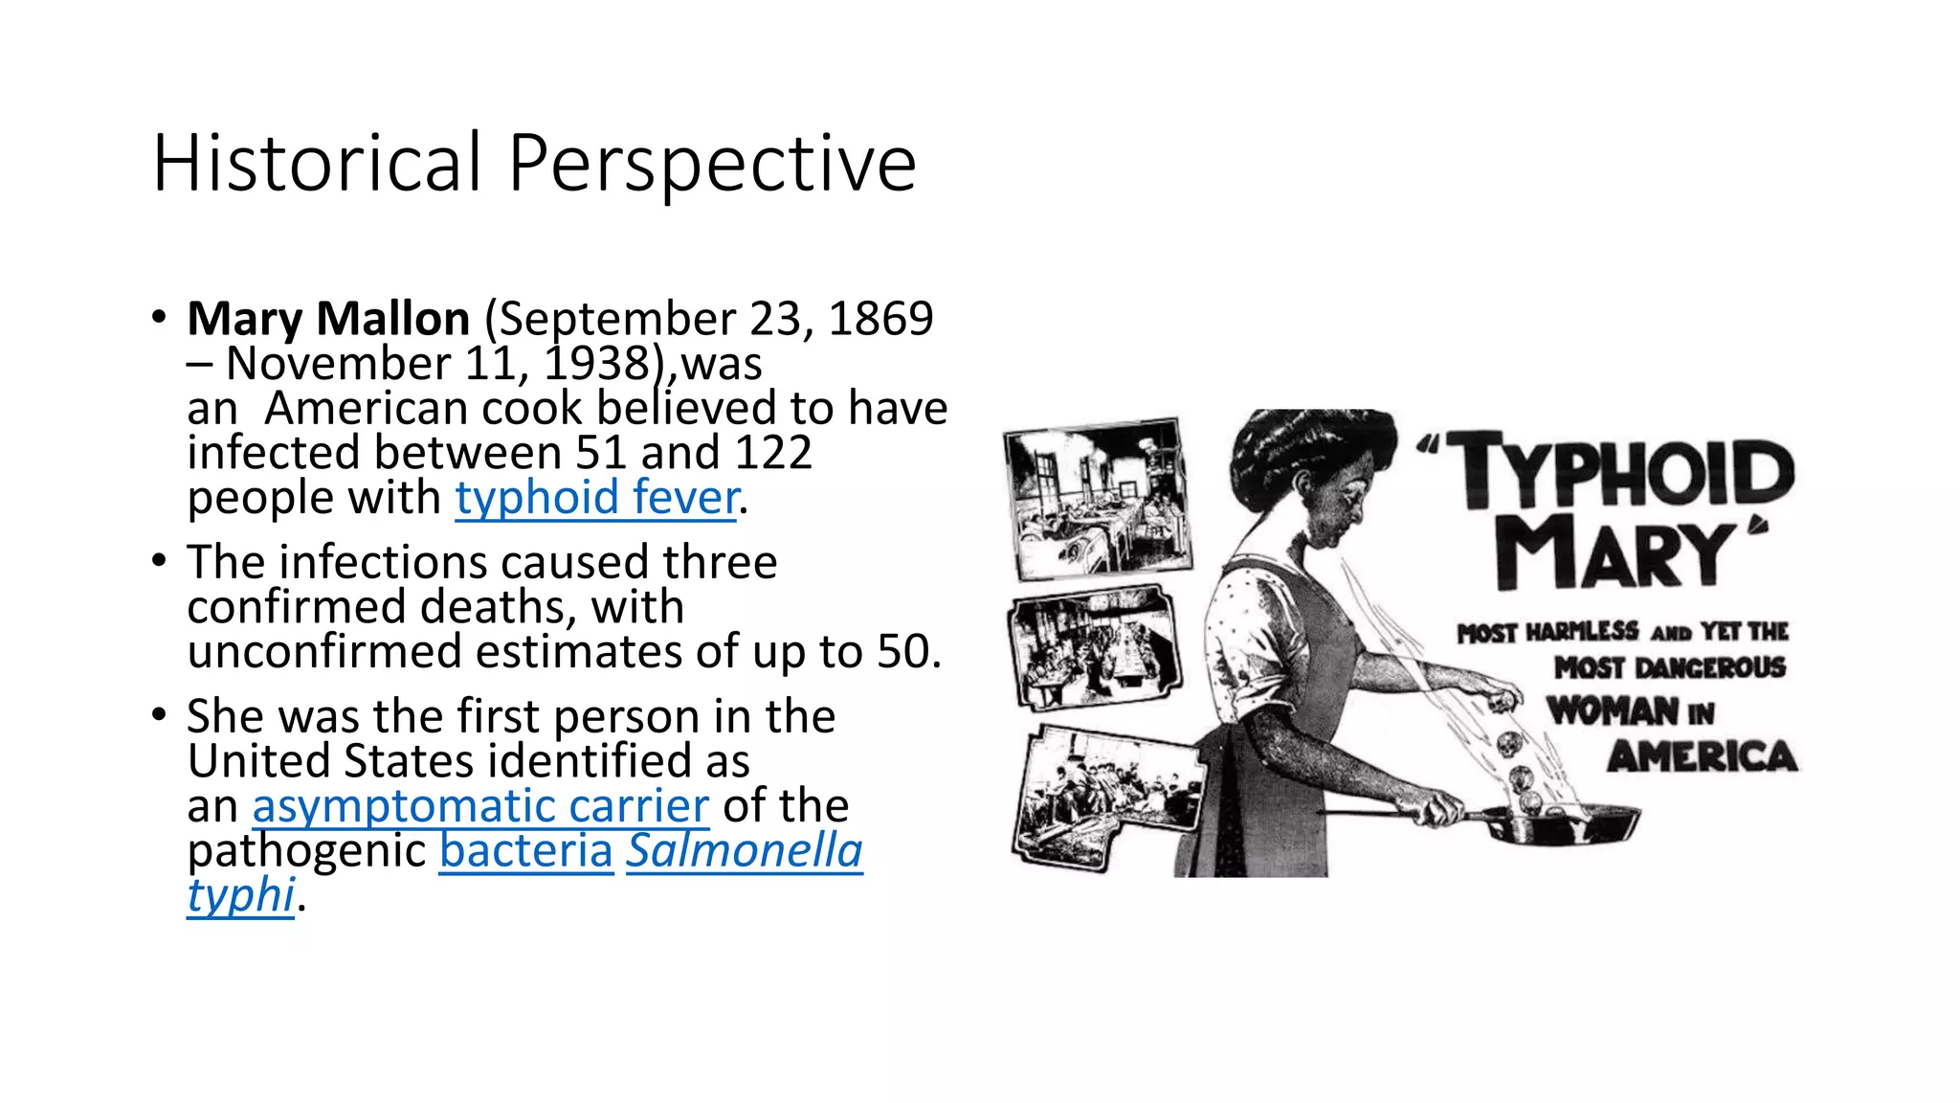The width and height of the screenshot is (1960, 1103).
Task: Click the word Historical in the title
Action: (316, 163)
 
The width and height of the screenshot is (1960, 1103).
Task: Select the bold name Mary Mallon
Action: (328, 318)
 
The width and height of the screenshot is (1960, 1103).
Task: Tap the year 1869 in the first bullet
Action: (880, 318)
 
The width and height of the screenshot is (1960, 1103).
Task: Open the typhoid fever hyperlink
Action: (596, 498)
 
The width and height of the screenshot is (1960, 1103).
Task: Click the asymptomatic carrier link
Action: (480, 806)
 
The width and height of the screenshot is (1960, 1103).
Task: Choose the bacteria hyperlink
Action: (526, 851)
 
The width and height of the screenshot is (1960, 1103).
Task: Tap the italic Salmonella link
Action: (745, 851)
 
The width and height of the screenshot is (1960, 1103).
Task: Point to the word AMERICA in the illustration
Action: (1702, 757)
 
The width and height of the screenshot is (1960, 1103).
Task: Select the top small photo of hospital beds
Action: (1097, 499)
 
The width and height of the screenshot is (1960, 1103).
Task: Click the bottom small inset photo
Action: (1107, 798)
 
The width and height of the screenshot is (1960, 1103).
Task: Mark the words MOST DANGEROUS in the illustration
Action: (1669, 667)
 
